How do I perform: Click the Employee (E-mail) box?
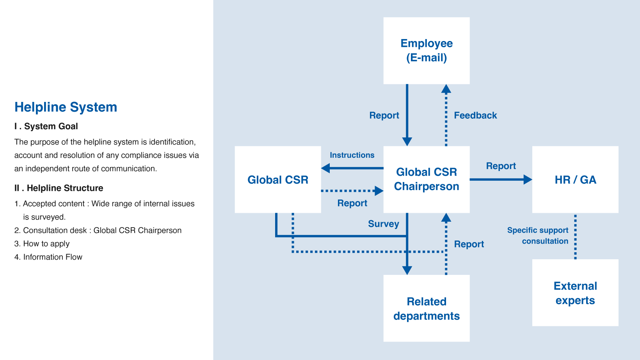pos(426,51)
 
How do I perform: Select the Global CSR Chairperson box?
pos(426,179)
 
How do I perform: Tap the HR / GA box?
pos(575,179)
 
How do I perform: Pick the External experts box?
pos(575,292)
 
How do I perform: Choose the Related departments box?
pos(426,308)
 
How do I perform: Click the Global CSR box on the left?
pos(278,179)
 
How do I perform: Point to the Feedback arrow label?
pos(475,115)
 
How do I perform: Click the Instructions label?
pos(352,155)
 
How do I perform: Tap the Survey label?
pos(384,224)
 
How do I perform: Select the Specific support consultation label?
pos(538,235)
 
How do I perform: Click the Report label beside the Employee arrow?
pos(384,116)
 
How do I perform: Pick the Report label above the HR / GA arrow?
pos(501,166)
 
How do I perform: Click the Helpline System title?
pos(66,107)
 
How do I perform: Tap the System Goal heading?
pos(46,126)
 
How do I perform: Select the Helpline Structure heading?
pos(59,188)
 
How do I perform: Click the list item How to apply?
pos(42,244)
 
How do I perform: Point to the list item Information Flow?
pos(48,257)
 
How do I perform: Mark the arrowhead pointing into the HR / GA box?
pos(528,180)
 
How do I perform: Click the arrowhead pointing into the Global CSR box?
pos(325,168)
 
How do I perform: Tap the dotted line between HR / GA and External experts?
pos(575,237)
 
